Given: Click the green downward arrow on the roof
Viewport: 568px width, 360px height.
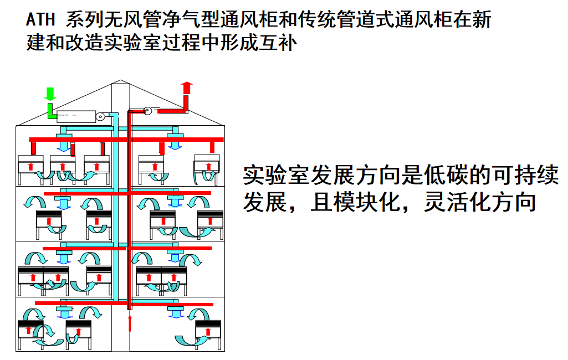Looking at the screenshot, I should click(x=50, y=94).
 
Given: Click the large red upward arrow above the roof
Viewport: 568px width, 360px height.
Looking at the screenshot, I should click(x=187, y=88).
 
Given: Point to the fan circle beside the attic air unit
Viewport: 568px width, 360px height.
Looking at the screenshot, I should click(x=100, y=116).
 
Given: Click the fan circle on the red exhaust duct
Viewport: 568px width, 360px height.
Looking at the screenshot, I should click(x=148, y=111).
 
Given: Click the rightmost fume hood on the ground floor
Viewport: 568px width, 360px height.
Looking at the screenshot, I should click(x=208, y=332).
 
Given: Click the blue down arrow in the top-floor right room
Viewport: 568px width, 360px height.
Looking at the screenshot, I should click(x=176, y=142).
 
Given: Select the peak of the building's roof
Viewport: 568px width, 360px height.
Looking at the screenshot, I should click(x=120, y=81).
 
